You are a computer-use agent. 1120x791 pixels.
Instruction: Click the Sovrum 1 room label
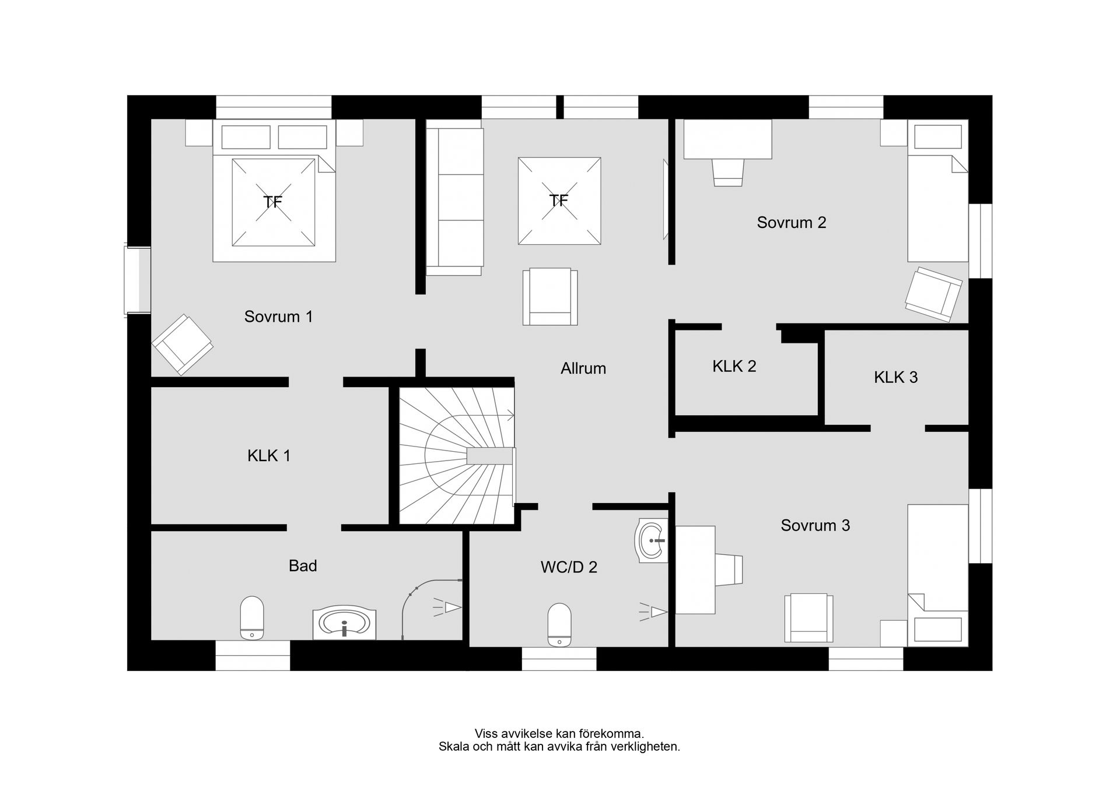tap(278, 317)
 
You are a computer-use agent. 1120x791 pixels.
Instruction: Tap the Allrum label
tap(583, 368)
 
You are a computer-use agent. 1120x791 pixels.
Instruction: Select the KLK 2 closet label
tap(734, 366)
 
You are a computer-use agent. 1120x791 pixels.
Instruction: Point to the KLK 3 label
tap(895, 377)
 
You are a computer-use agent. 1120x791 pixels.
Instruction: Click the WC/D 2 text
tap(569, 567)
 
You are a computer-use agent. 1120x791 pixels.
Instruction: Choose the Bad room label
tap(303, 565)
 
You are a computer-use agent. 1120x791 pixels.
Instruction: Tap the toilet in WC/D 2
tap(559, 625)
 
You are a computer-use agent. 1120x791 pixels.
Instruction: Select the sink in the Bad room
tap(344, 624)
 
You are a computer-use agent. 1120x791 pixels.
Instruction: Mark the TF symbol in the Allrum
tap(559, 201)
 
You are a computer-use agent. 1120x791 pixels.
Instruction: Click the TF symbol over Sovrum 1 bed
tap(273, 203)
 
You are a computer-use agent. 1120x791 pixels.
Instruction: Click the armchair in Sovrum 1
tap(182, 345)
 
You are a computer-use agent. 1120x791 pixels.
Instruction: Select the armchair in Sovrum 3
tap(808, 618)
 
